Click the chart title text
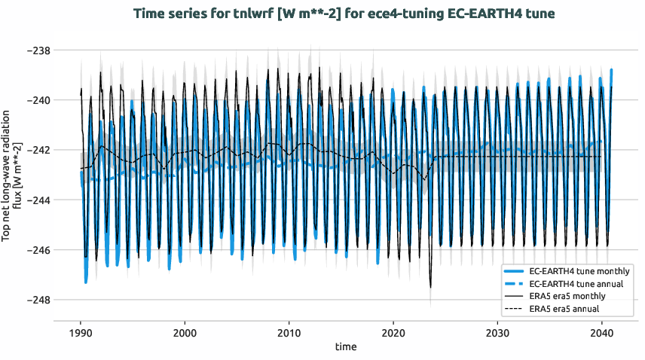(x=344, y=14)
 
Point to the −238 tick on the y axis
(x=38, y=50)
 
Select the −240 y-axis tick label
(x=38, y=100)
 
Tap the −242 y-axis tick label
(x=38, y=150)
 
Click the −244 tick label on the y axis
(x=38, y=200)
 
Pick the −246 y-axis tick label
(x=38, y=249)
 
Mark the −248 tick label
(x=38, y=299)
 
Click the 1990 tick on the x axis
(x=81, y=332)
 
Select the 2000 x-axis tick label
(x=185, y=332)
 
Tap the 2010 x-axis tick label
(x=289, y=332)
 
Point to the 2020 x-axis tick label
(x=393, y=332)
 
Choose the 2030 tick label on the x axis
(x=497, y=332)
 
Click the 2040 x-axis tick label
(x=601, y=332)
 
